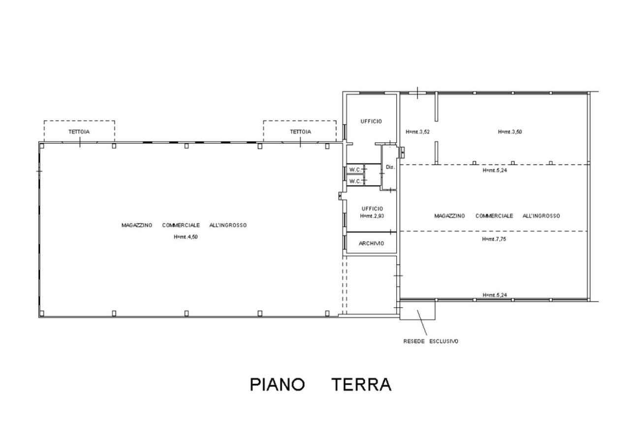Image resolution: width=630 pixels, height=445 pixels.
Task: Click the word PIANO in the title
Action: click(277, 384)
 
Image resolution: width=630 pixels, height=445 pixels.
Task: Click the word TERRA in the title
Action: click(361, 384)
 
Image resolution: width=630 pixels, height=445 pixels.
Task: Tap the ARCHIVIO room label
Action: click(371, 244)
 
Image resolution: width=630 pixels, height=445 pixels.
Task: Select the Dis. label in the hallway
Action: click(390, 167)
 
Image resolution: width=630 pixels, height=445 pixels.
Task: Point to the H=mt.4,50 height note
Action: click(186, 237)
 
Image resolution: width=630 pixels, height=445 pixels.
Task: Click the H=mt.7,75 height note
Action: click(494, 239)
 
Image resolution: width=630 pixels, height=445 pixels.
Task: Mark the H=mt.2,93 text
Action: click(372, 216)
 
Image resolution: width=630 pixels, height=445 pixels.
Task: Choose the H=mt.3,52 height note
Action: click(418, 131)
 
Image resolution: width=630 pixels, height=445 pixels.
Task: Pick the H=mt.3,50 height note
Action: click(510, 131)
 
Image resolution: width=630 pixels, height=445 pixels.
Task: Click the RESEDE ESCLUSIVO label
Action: click(431, 341)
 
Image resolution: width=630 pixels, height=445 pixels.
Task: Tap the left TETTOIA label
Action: click(79, 131)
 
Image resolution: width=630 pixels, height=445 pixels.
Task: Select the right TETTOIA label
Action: click(301, 131)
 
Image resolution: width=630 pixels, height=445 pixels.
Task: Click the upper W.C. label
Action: click(355, 170)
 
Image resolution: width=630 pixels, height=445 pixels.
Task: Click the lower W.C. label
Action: click(355, 182)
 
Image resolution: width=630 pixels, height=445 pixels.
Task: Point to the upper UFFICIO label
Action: click(371, 121)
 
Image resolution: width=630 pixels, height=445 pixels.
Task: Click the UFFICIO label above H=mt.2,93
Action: click(373, 209)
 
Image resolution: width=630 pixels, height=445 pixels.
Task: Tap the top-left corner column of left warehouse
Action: click(42, 146)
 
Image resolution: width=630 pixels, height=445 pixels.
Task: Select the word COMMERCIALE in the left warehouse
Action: click(181, 225)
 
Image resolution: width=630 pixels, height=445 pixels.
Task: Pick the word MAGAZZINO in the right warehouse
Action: click(449, 216)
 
